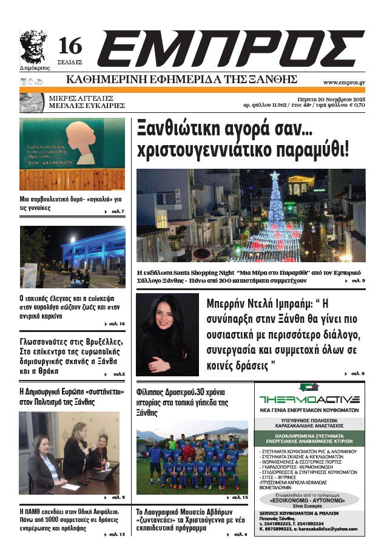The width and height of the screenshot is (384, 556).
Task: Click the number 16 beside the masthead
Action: coord(70,47)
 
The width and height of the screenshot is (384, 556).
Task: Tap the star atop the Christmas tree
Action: coord(275,176)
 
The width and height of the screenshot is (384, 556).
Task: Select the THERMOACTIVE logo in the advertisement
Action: coord(309,399)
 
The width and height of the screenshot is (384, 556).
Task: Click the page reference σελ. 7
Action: coord(117,211)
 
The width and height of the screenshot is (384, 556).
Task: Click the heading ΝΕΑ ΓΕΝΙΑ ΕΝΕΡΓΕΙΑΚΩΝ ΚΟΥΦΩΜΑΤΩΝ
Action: coord(309,410)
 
